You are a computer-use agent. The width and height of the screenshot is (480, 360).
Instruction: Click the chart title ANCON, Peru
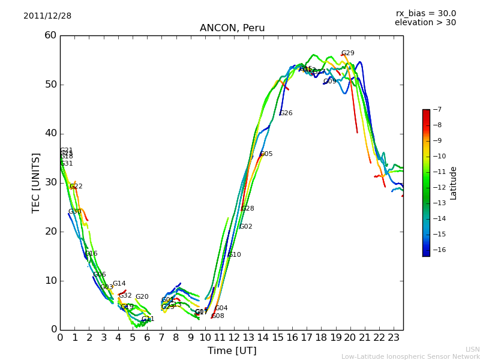[x=232, y=28]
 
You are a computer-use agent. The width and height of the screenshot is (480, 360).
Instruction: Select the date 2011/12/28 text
[x=47, y=16]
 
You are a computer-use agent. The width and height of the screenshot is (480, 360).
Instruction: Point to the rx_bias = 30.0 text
[x=426, y=14]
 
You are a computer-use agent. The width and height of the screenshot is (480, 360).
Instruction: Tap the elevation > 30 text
[x=425, y=23]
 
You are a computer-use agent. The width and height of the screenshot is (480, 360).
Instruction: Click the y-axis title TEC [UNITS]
[x=36, y=182]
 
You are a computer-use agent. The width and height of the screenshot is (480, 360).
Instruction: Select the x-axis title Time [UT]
[x=232, y=351]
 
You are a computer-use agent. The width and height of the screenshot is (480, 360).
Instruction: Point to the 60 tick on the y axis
[x=50, y=35]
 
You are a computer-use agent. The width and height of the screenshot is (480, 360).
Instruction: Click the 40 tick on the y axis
[x=50, y=133]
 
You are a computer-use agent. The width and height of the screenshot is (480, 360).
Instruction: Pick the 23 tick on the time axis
[x=394, y=338]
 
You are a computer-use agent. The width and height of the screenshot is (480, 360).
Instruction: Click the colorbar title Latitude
[x=454, y=183]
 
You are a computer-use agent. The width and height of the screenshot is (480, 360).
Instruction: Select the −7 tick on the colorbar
[x=437, y=110]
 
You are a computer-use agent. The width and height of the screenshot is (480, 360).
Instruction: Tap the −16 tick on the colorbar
[x=439, y=250]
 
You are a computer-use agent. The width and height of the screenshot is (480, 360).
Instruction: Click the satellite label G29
[x=347, y=53]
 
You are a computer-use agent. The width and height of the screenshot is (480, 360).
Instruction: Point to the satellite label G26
[x=286, y=113]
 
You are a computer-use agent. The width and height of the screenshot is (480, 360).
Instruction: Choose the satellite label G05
[x=266, y=154]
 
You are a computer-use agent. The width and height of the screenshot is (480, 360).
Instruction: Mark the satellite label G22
[x=76, y=187]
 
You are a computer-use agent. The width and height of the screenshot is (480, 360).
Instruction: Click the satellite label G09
[x=330, y=82]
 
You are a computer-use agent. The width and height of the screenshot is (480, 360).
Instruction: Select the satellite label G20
[x=142, y=297]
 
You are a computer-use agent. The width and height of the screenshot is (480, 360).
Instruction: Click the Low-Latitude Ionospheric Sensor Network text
[x=410, y=357]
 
